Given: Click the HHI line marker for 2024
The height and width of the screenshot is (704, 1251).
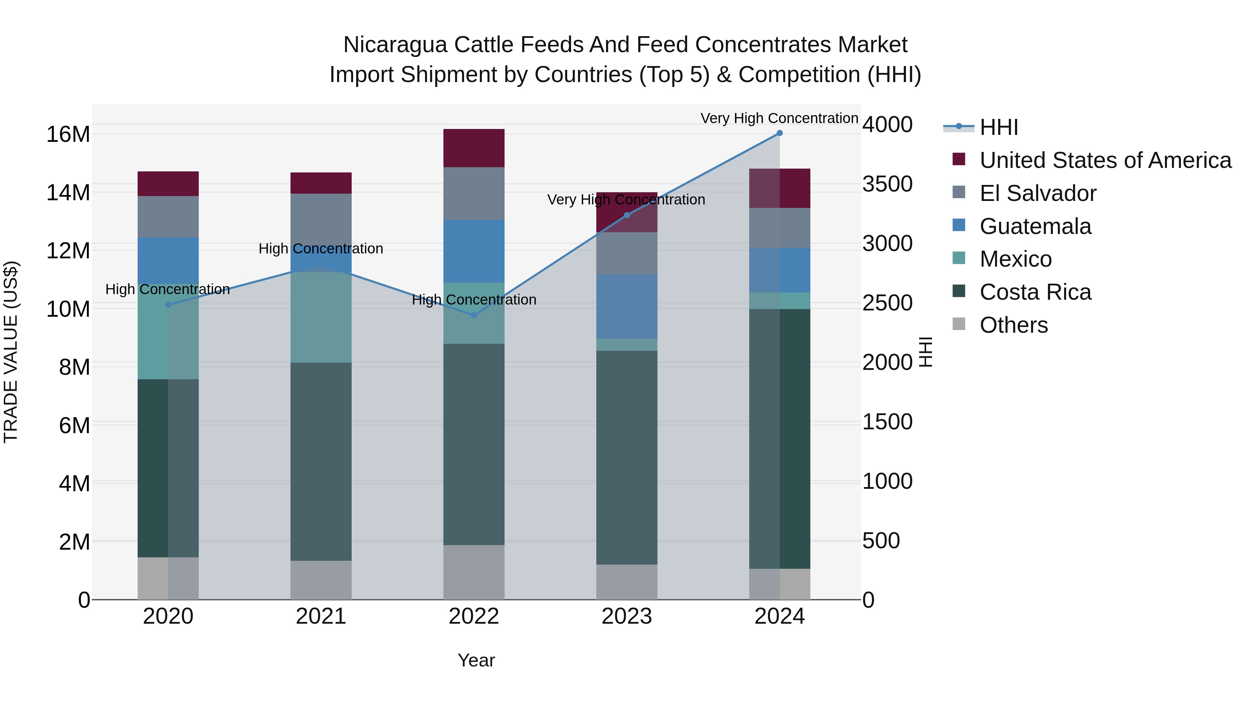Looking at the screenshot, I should (x=779, y=133).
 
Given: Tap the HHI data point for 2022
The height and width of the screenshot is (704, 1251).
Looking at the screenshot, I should (x=474, y=315).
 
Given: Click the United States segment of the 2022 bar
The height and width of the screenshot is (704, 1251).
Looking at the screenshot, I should (x=474, y=148).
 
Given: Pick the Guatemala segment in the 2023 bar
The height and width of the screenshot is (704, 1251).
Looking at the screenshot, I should (x=627, y=306).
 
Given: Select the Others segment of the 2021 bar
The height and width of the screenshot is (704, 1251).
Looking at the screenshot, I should (x=321, y=580).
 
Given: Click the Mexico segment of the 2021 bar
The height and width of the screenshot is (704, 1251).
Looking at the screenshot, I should (x=321, y=317).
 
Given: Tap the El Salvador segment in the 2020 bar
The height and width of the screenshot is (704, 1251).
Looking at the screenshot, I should (x=168, y=217).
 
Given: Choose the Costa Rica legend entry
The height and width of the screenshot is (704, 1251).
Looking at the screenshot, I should (x=1035, y=292).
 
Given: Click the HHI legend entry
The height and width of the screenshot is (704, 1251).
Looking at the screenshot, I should (x=998, y=127).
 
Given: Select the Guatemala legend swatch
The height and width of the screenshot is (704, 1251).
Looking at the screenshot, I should (x=959, y=225).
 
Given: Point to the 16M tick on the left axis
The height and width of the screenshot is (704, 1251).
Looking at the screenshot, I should (x=68, y=134).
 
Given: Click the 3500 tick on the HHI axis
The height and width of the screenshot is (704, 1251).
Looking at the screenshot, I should (x=887, y=184).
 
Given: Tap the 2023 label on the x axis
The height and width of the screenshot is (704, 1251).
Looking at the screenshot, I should (x=627, y=616).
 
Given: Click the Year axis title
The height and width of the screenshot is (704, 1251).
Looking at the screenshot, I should (x=476, y=660).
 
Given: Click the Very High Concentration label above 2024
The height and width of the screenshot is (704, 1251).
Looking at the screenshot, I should (x=779, y=118).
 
